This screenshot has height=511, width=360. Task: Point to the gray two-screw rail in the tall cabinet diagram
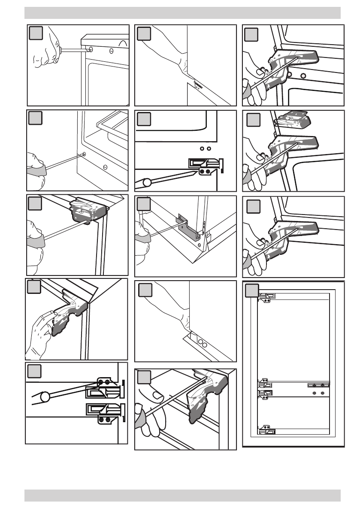(318, 385)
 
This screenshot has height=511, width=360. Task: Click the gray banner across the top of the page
(182, 13)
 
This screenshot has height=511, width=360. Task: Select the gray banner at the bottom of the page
(182, 496)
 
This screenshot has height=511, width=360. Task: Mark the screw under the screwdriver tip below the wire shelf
(83, 154)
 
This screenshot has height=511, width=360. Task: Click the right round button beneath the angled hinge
(303, 76)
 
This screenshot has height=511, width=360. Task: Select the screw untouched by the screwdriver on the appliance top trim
(111, 51)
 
